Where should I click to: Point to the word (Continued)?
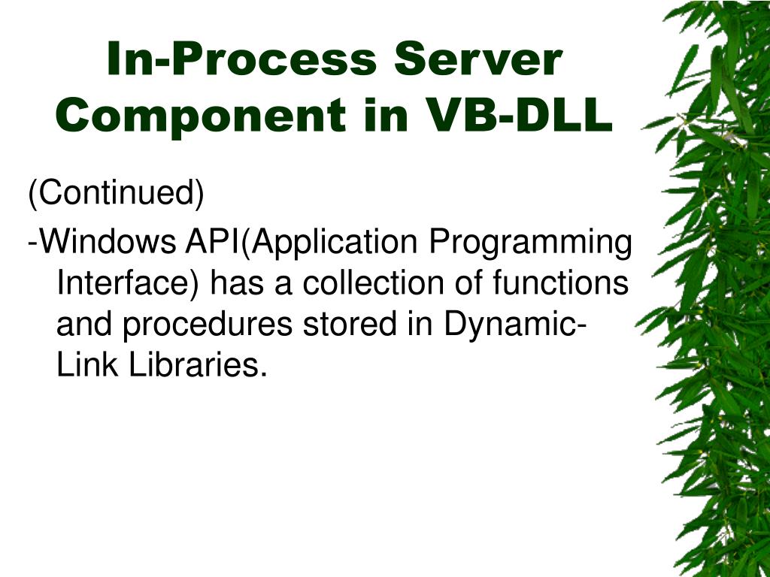pyautogui.click(x=117, y=194)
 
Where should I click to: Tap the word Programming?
pyautogui.click(x=530, y=243)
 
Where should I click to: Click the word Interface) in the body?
pyautogui.click(x=128, y=284)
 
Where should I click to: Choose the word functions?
pyautogui.click(x=560, y=284)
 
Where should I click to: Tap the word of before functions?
pyautogui.click(x=471, y=284)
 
